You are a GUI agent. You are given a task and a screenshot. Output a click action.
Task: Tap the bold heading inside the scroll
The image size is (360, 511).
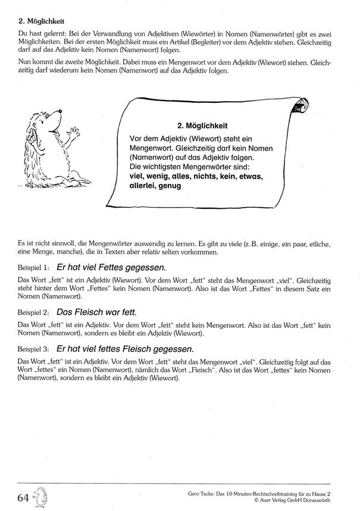[202, 126]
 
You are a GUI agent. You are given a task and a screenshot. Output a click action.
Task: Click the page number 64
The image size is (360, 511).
[24, 496]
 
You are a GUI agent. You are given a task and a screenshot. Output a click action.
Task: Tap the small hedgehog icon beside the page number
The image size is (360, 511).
[40, 496]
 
